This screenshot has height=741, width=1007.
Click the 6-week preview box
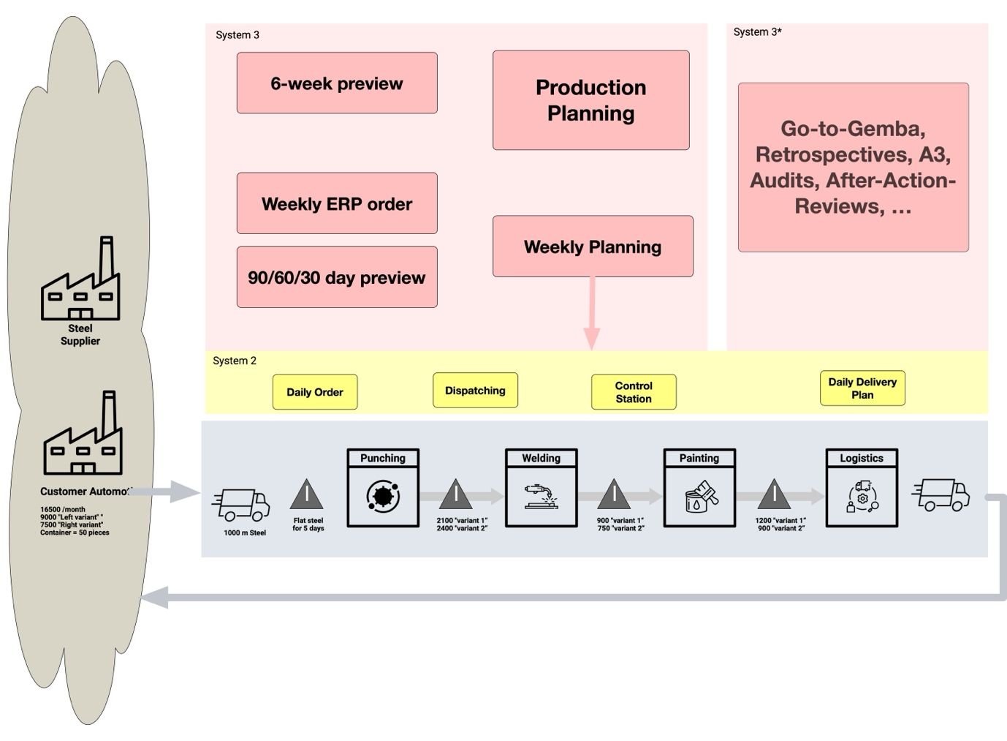tap(337, 83)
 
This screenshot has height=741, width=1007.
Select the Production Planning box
tap(590, 100)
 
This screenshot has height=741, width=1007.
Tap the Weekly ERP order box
tap(337, 203)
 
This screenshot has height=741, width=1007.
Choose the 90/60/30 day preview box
tap(337, 277)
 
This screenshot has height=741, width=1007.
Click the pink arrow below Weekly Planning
tap(592, 315)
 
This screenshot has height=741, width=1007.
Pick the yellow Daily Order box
tap(315, 392)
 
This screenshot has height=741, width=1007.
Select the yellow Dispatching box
tap(475, 391)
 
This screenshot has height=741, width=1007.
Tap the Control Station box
tap(634, 392)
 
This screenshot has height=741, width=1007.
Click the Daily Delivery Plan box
tap(862, 388)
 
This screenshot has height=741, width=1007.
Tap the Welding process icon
tap(541, 496)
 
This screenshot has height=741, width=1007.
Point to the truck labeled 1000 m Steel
tap(242, 505)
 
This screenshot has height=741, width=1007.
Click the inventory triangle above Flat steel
tap(307, 495)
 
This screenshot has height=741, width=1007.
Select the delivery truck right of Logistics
tap(941, 495)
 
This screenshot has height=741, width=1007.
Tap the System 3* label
tap(757, 32)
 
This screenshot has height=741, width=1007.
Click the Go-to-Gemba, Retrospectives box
tap(853, 168)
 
